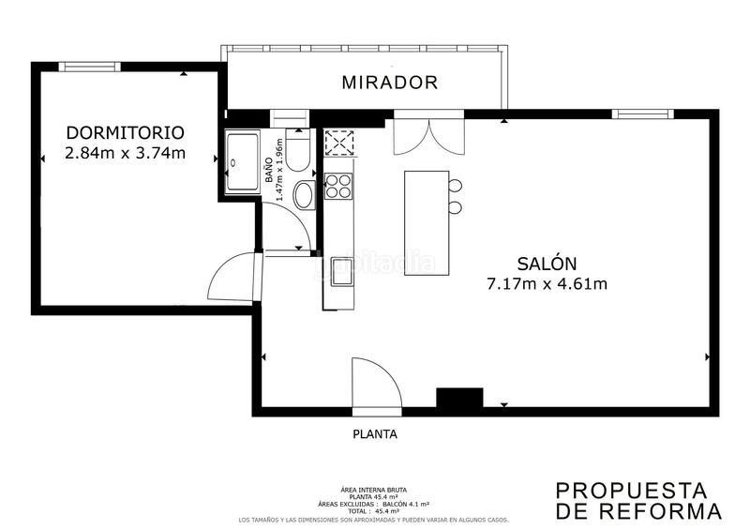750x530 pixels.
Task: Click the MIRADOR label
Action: [389, 83]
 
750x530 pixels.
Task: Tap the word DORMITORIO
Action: [125, 132]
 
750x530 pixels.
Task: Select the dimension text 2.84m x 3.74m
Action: [125, 153]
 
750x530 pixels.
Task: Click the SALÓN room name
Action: [546, 264]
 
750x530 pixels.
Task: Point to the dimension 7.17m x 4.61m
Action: [546, 283]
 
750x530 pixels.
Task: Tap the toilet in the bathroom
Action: [298, 155]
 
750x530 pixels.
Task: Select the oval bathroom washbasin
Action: [304, 196]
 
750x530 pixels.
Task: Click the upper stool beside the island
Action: [456, 185]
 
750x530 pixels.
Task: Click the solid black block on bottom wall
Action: [459, 399]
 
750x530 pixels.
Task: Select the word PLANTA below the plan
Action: [375, 434]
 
